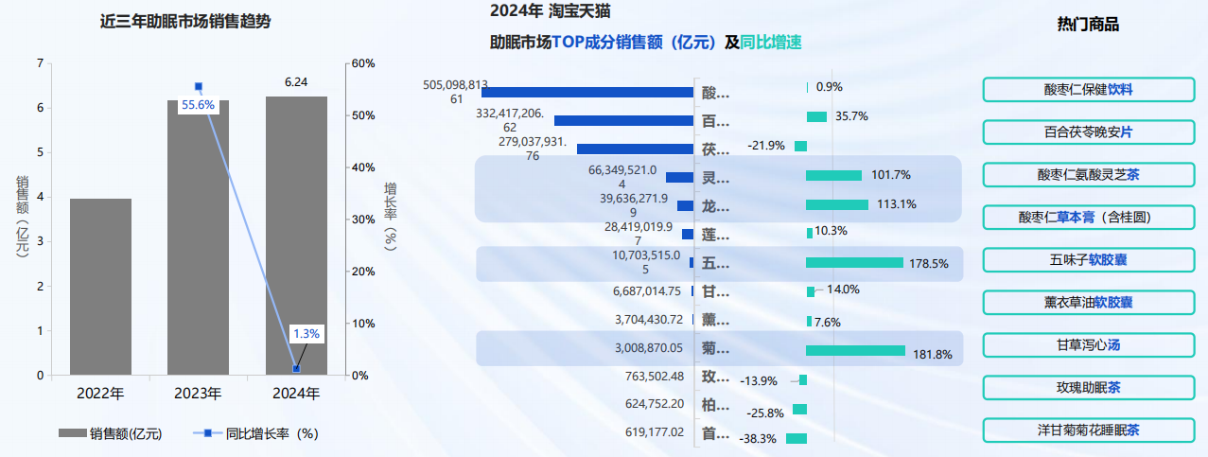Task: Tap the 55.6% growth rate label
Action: (x=199, y=104)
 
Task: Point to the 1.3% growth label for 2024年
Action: (x=306, y=334)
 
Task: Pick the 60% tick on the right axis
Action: (x=363, y=63)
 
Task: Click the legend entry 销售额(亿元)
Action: (x=111, y=434)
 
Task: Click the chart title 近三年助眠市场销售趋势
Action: (x=185, y=22)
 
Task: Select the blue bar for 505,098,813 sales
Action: (x=587, y=92)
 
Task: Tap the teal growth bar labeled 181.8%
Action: (x=855, y=350)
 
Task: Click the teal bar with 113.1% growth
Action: (x=836, y=204)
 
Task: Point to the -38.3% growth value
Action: (x=758, y=439)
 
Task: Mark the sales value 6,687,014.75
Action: (x=647, y=290)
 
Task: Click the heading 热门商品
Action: (x=1088, y=25)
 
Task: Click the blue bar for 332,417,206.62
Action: (x=623, y=120)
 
